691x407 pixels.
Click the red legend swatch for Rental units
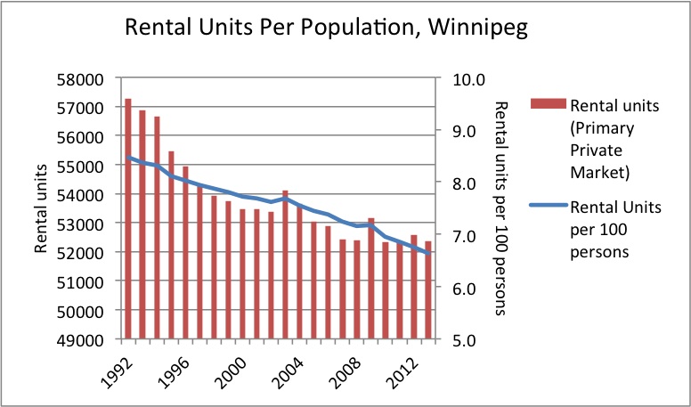tap(549, 106)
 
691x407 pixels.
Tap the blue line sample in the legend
tap(549, 207)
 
